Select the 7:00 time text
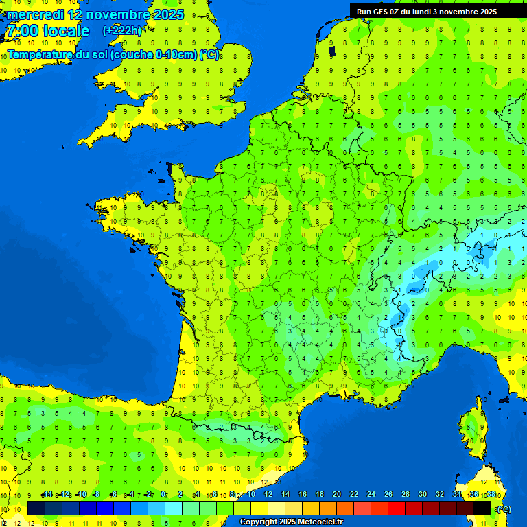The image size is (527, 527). click(21, 31)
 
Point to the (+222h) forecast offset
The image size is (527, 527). click(122, 31)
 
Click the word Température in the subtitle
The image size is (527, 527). click(40, 54)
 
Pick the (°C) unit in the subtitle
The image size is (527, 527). click(209, 54)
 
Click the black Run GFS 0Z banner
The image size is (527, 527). click(436, 11)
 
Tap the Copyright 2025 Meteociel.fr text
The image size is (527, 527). click(291, 522)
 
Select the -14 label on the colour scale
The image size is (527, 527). click(47, 494)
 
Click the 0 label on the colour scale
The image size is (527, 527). click(163, 494)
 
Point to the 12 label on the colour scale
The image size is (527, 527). click(268, 494)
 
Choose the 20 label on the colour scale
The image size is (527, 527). click(336, 494)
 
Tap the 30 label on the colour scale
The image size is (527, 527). click(422, 494)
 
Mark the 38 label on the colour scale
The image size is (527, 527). click(491, 494)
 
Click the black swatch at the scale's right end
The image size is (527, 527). click(482, 508)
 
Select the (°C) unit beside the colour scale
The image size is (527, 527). click(503, 508)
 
